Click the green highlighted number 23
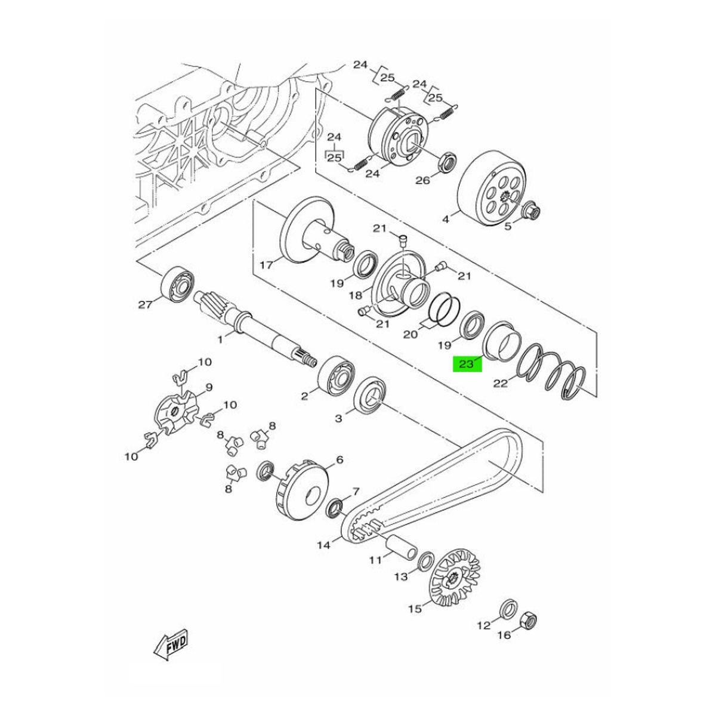point(467,364)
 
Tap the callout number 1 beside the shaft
point(220,340)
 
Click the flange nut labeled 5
point(531,209)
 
